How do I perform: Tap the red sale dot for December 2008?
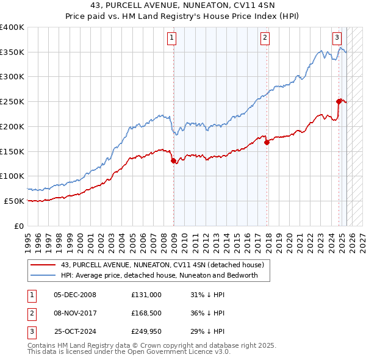pos(174,161)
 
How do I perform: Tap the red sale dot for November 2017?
pos(267,143)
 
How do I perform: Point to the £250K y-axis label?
pos(12,102)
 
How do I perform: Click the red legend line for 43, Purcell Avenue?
pos(43,265)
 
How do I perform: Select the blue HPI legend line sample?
pos(43,275)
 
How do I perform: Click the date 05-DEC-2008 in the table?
pos(75,294)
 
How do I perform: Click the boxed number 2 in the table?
pos(30,314)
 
